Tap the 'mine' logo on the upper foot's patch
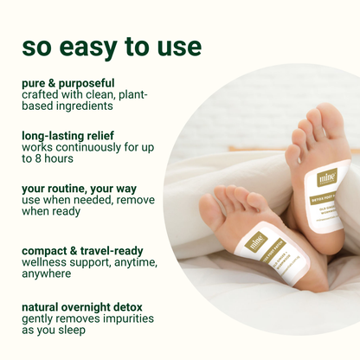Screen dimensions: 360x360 pos(303,177)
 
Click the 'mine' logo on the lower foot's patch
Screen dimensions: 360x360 pos(254,243)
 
